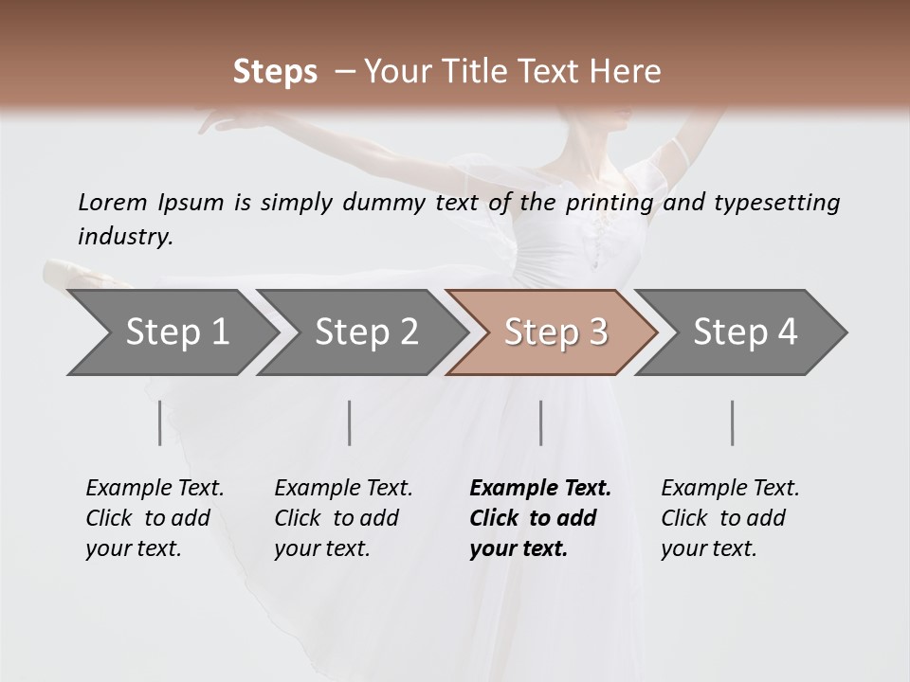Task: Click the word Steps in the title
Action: [275, 72]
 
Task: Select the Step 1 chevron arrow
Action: [171, 332]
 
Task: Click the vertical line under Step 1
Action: [159, 422]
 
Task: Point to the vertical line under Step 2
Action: [350, 422]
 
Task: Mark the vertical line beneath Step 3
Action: [540, 422]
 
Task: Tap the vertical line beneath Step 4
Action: [732, 422]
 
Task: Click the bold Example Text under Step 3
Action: [540, 518]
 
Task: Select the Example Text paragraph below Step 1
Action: [155, 518]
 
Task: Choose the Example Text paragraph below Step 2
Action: [343, 518]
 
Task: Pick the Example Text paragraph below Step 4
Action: [730, 518]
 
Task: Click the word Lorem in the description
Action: [113, 202]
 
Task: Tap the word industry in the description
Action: [125, 236]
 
